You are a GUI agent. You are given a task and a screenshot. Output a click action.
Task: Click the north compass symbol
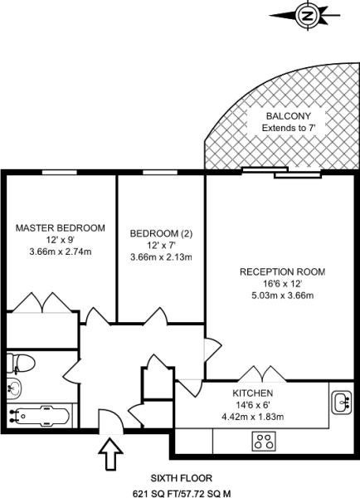[307, 15]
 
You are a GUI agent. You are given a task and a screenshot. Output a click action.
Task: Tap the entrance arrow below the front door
[110, 454]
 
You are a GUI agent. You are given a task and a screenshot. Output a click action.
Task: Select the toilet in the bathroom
[21, 363]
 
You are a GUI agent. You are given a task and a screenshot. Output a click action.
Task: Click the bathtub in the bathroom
[39, 416]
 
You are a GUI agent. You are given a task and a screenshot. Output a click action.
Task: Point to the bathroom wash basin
[14, 388]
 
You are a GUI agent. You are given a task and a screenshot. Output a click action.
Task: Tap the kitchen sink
[342, 403]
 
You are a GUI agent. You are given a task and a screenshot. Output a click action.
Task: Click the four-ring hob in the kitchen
[264, 442]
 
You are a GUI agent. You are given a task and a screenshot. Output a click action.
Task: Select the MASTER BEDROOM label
[61, 228]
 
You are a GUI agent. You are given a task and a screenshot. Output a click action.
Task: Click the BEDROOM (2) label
[161, 234]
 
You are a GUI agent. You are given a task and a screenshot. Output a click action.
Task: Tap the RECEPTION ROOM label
[283, 272]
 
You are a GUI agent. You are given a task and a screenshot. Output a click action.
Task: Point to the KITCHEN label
[253, 393]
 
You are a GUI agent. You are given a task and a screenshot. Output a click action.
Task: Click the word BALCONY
[289, 116]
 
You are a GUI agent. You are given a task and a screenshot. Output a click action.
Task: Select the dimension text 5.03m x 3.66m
[283, 295]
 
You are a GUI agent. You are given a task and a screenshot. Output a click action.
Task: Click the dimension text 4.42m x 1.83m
[253, 417]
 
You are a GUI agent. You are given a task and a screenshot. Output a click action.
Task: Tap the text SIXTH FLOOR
[182, 478]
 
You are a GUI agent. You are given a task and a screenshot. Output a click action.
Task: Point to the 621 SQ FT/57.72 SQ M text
[182, 494]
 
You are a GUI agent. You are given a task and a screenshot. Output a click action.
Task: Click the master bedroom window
[60, 172]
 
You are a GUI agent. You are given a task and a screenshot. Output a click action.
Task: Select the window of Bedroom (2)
[160, 172]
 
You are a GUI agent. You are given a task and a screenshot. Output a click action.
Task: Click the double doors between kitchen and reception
[263, 373]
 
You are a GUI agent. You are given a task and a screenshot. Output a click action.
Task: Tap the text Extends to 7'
[289, 128]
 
